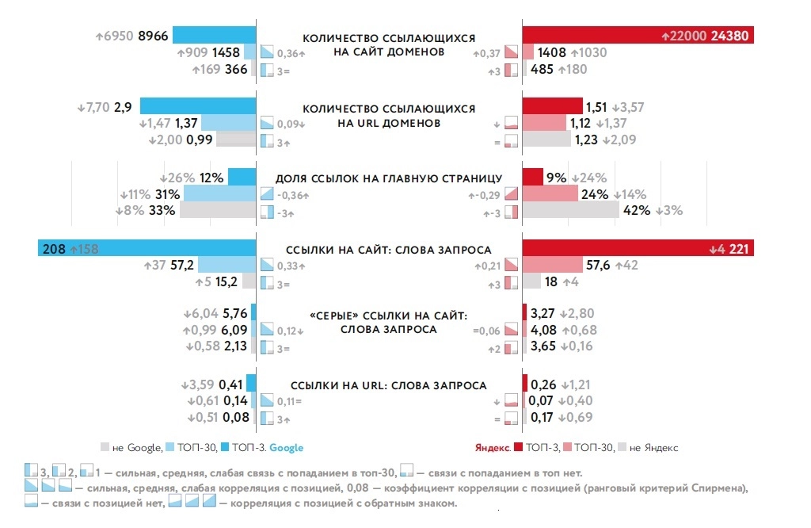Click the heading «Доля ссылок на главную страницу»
389,178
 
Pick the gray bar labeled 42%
570,210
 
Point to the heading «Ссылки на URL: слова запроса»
389,385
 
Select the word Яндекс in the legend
492,448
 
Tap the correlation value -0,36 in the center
292,195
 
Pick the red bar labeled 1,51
552,106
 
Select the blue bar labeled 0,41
252,384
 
